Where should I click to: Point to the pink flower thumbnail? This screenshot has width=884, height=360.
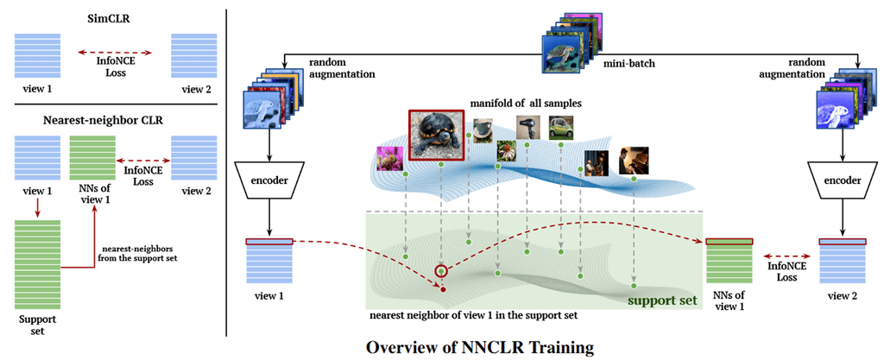coord(390,160)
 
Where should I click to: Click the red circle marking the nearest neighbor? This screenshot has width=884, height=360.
coord(442,272)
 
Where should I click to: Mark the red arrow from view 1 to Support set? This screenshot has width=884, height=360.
coord(39,208)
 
